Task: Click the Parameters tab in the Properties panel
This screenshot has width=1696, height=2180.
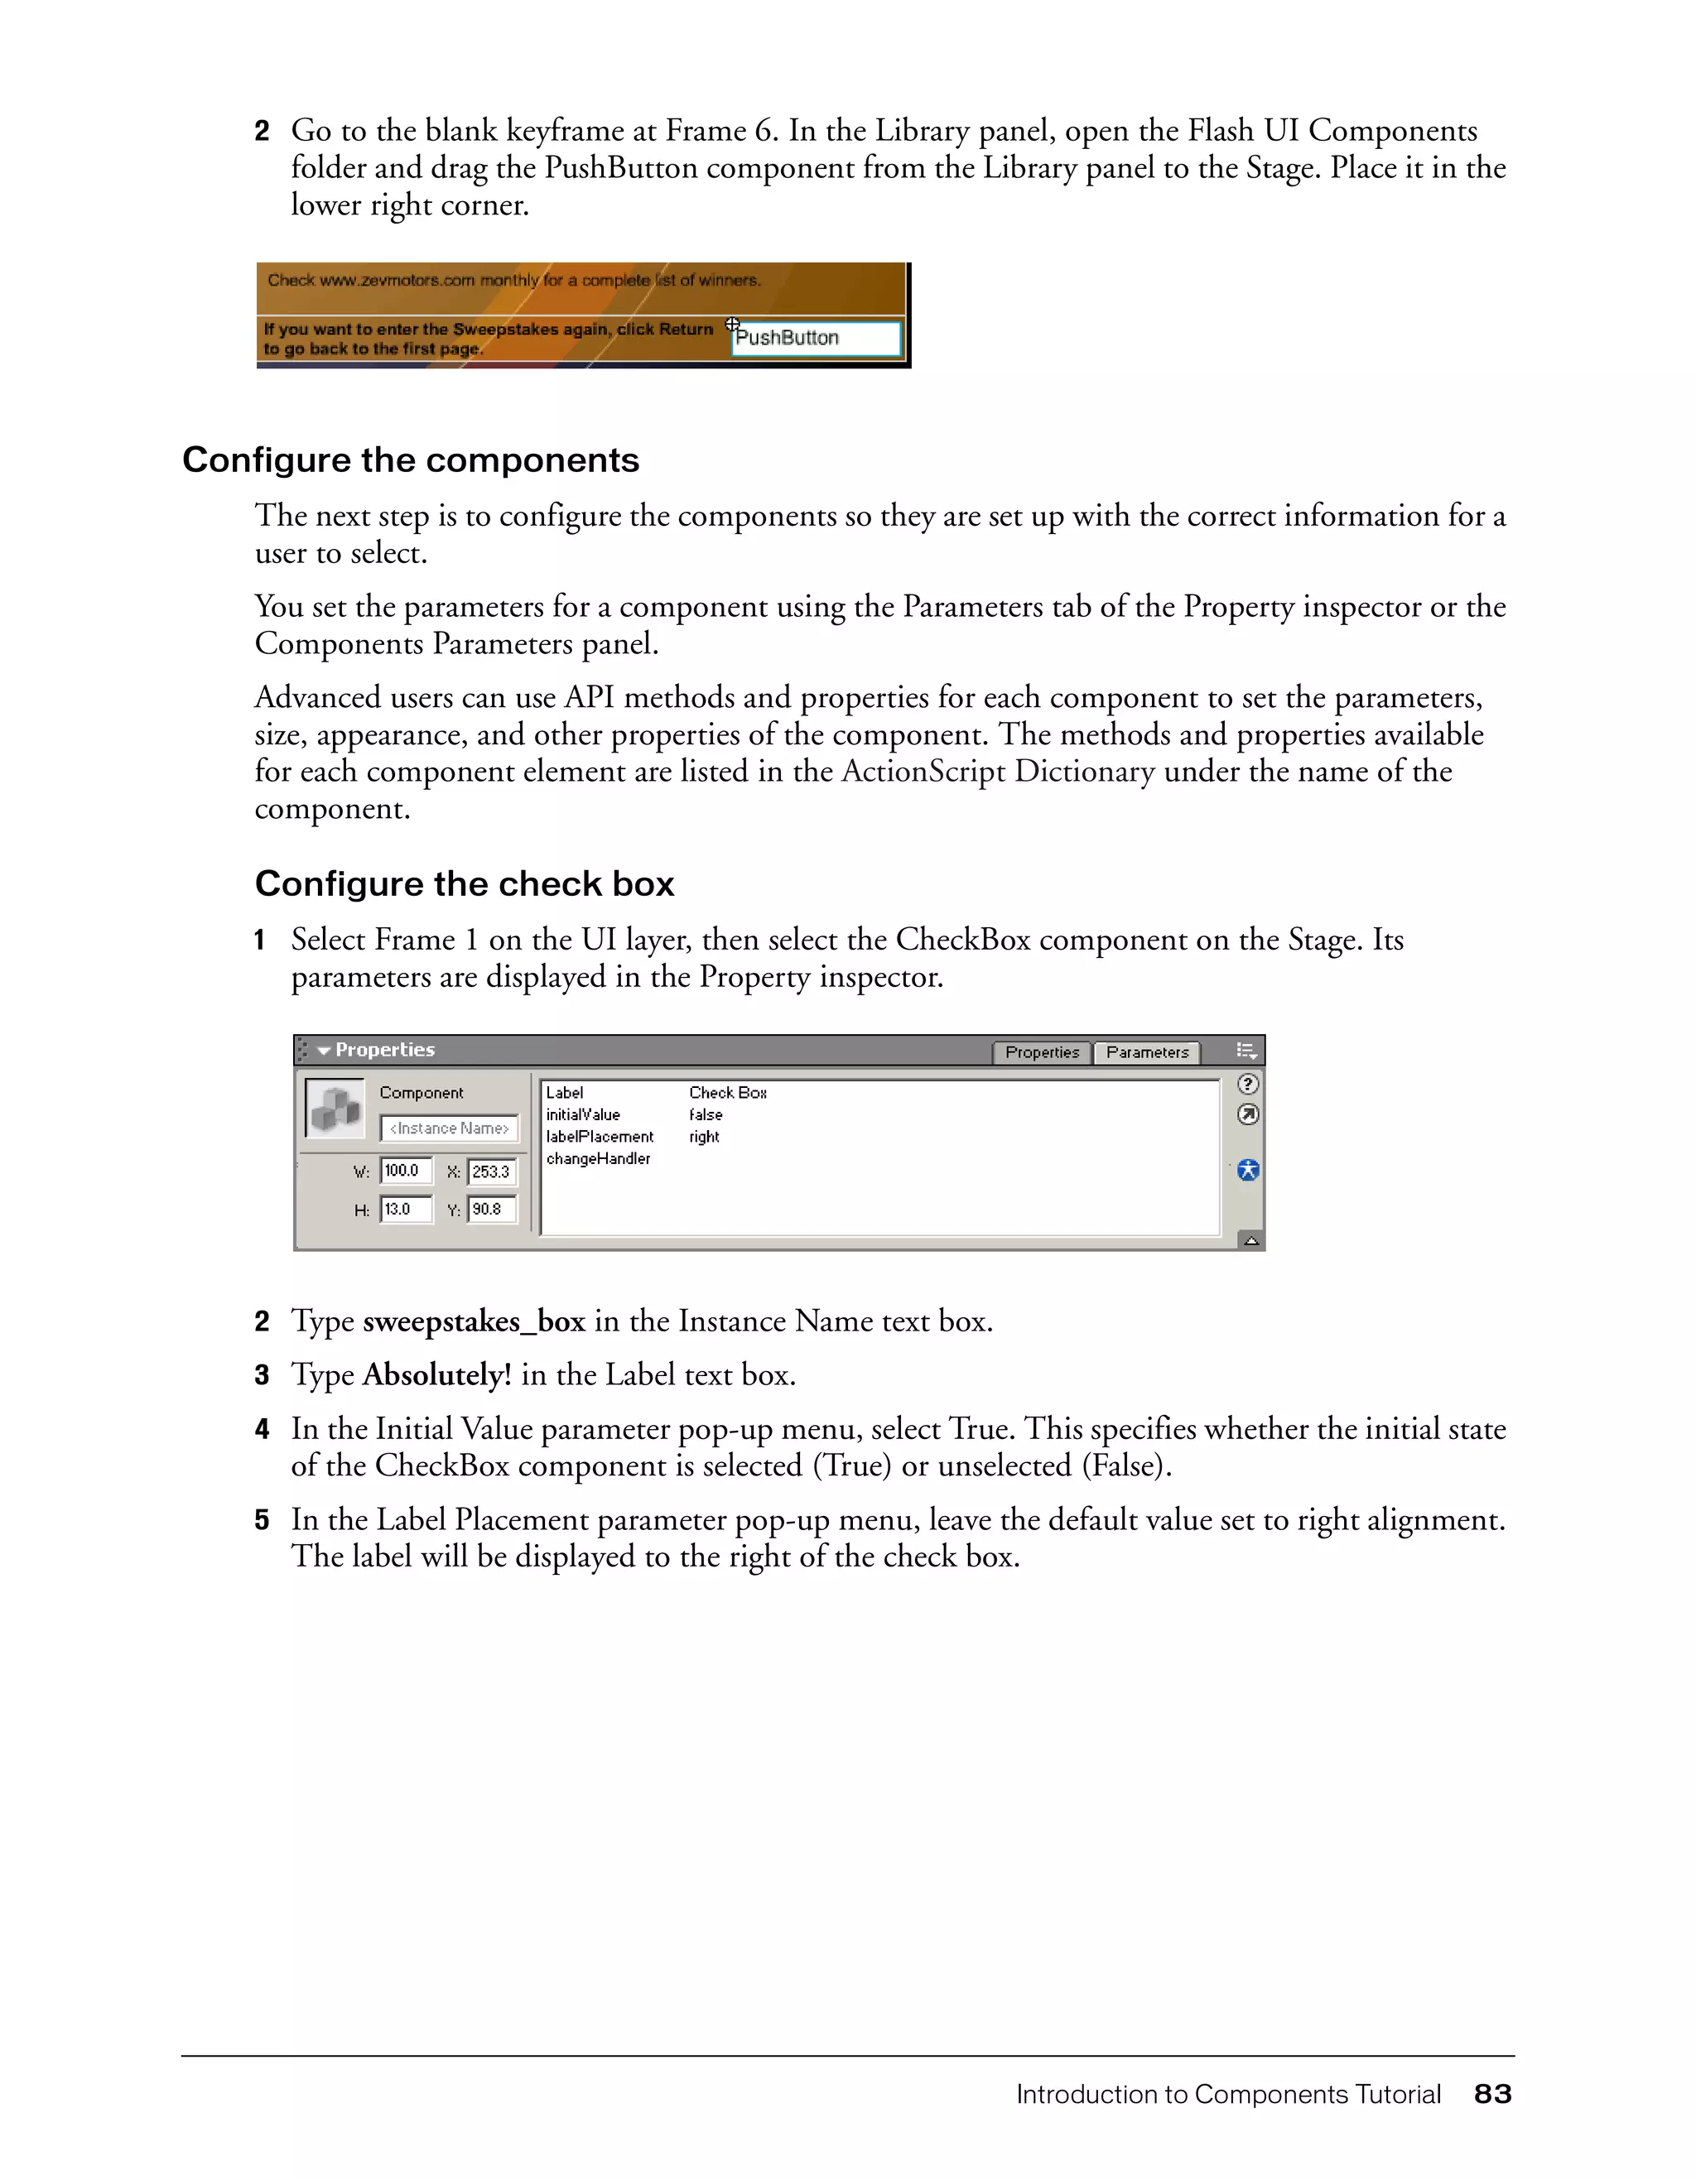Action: click(x=1147, y=1052)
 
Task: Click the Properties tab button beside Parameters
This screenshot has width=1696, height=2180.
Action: click(x=1041, y=1052)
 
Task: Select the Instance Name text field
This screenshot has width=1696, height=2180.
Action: click(x=449, y=1128)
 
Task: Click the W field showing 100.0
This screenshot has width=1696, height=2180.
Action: click(x=405, y=1171)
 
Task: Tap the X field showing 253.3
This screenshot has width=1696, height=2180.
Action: click(x=492, y=1172)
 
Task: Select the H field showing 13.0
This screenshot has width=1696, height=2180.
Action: click(x=405, y=1209)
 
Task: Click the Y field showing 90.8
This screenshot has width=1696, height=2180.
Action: click(x=492, y=1209)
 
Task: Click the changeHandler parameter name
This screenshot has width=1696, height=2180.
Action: click(x=598, y=1159)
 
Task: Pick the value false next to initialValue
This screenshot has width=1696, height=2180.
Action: click(x=706, y=1115)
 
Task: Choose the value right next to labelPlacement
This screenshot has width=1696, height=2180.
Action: click(x=704, y=1137)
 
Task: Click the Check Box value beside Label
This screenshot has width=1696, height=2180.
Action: click(x=728, y=1093)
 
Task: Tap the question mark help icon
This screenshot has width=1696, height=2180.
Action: click(x=1248, y=1084)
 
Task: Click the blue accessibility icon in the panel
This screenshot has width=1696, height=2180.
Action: click(x=1248, y=1170)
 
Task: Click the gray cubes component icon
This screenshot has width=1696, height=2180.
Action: click(x=335, y=1109)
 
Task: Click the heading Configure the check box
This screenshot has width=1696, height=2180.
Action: click(x=465, y=884)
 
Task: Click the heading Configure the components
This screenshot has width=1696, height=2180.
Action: click(x=410, y=460)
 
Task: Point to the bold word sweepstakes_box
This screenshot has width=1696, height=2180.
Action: click(x=473, y=1321)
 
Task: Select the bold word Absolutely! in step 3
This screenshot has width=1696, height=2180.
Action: click(x=436, y=1375)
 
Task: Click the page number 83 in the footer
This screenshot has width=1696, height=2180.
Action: click(x=1492, y=2094)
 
